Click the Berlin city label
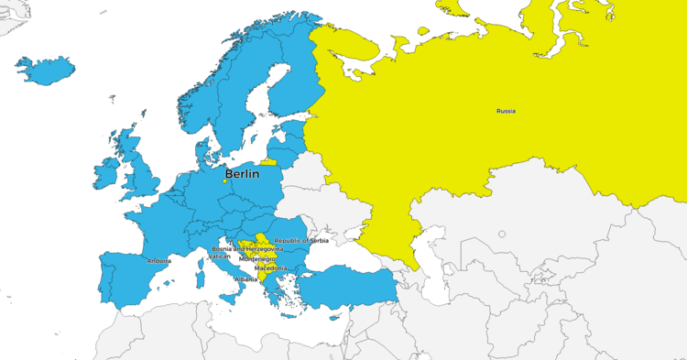(242, 172)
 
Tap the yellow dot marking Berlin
(224, 180)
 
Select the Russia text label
(506, 111)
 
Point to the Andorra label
(158, 261)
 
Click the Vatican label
(219, 256)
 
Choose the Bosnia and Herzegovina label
(247, 248)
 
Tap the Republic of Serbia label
(301, 240)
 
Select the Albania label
(246, 278)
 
